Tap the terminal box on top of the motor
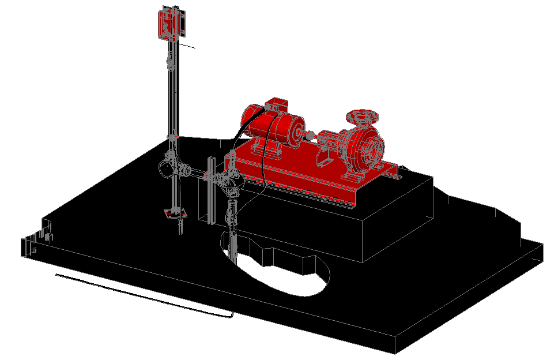point(276,105)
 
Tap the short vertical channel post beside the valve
point(211,190)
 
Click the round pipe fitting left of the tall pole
point(165,168)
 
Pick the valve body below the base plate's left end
point(232,183)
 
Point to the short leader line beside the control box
point(187,45)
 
